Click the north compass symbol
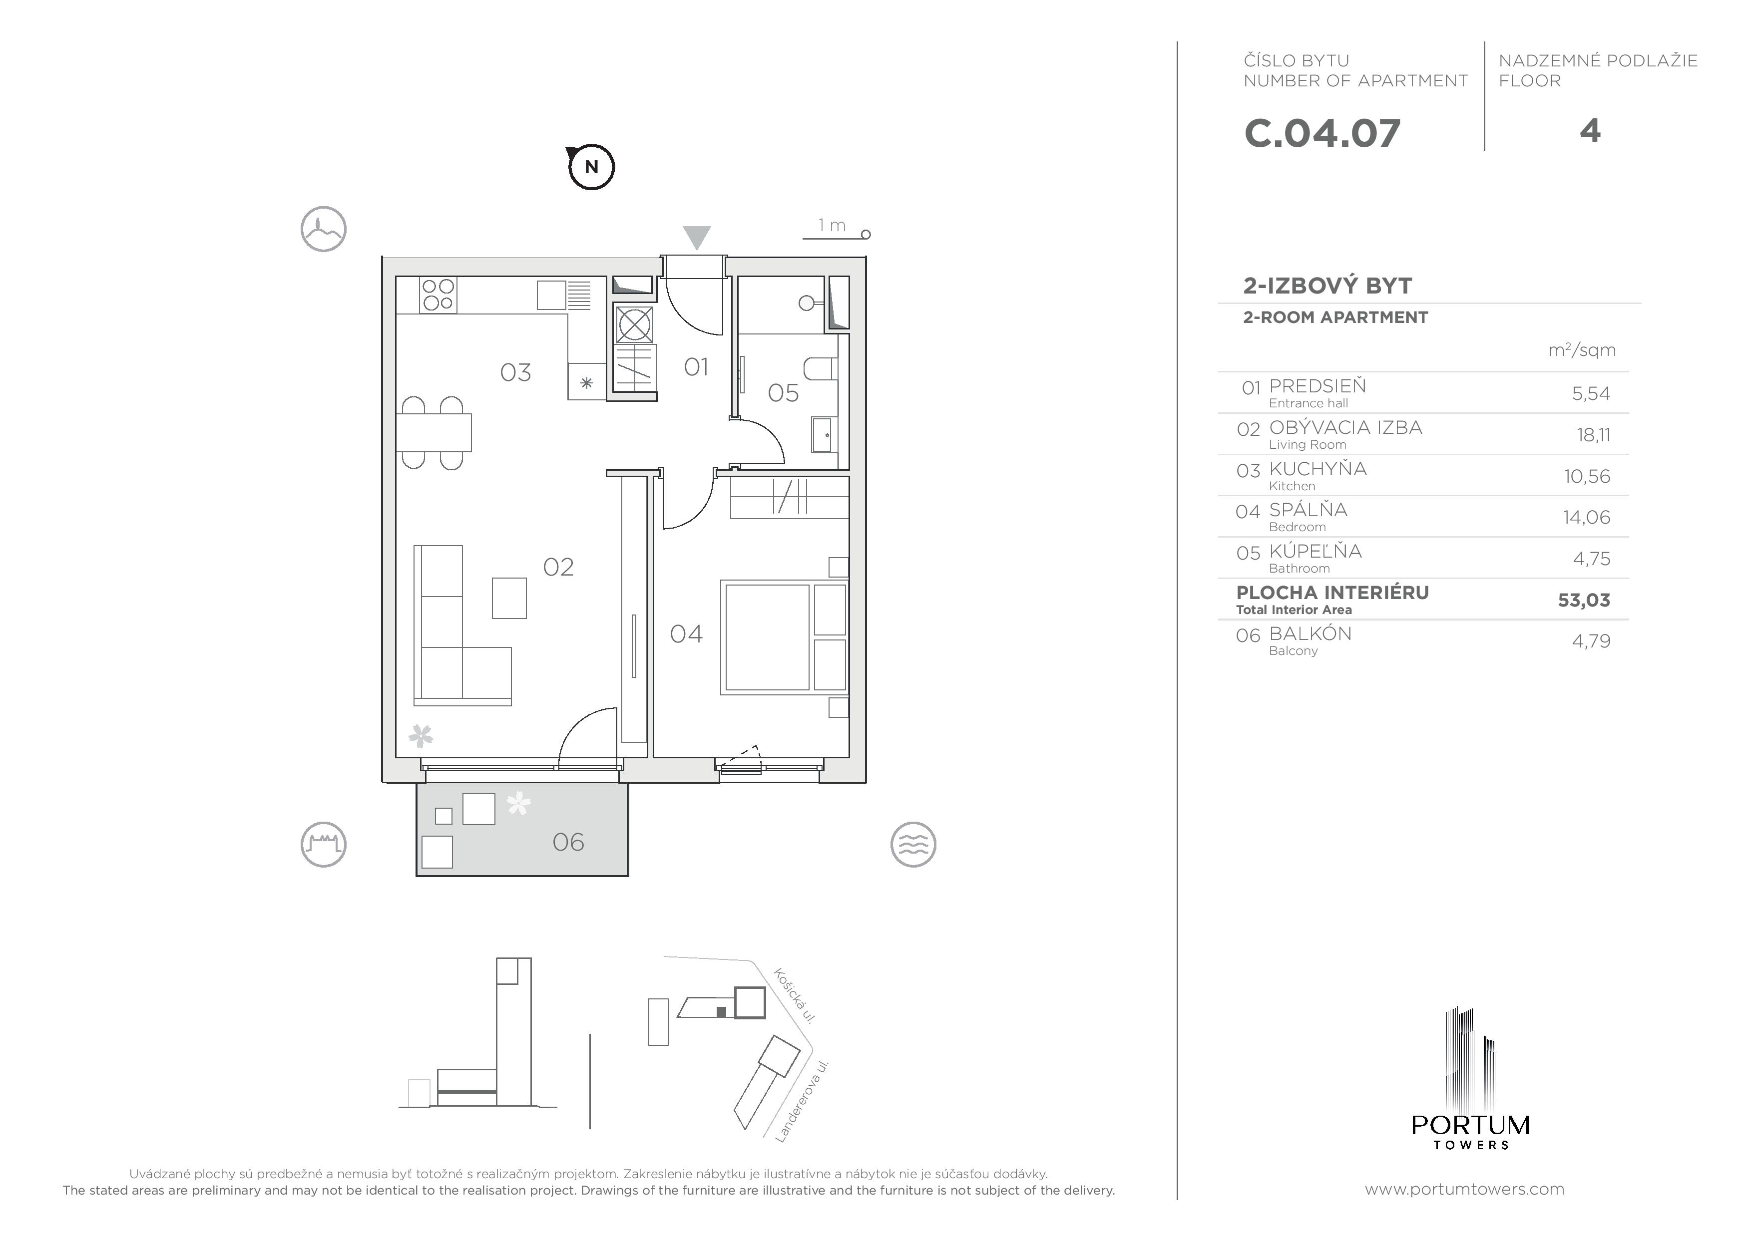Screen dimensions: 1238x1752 click(x=591, y=166)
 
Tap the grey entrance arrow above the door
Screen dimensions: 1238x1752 click(x=696, y=237)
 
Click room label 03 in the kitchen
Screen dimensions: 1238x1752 click(x=515, y=372)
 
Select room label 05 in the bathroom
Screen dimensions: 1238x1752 click(x=783, y=393)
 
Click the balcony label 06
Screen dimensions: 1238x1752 click(x=568, y=842)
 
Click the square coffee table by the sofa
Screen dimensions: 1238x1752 click(x=509, y=597)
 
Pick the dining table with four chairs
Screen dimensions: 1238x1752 click(x=434, y=432)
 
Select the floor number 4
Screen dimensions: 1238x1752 click(x=1590, y=131)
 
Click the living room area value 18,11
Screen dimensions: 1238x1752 click(x=1593, y=435)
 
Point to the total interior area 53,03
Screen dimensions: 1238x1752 click(x=1583, y=601)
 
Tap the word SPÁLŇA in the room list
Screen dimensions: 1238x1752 click(x=1308, y=510)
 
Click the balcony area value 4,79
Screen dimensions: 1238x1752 click(x=1591, y=641)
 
